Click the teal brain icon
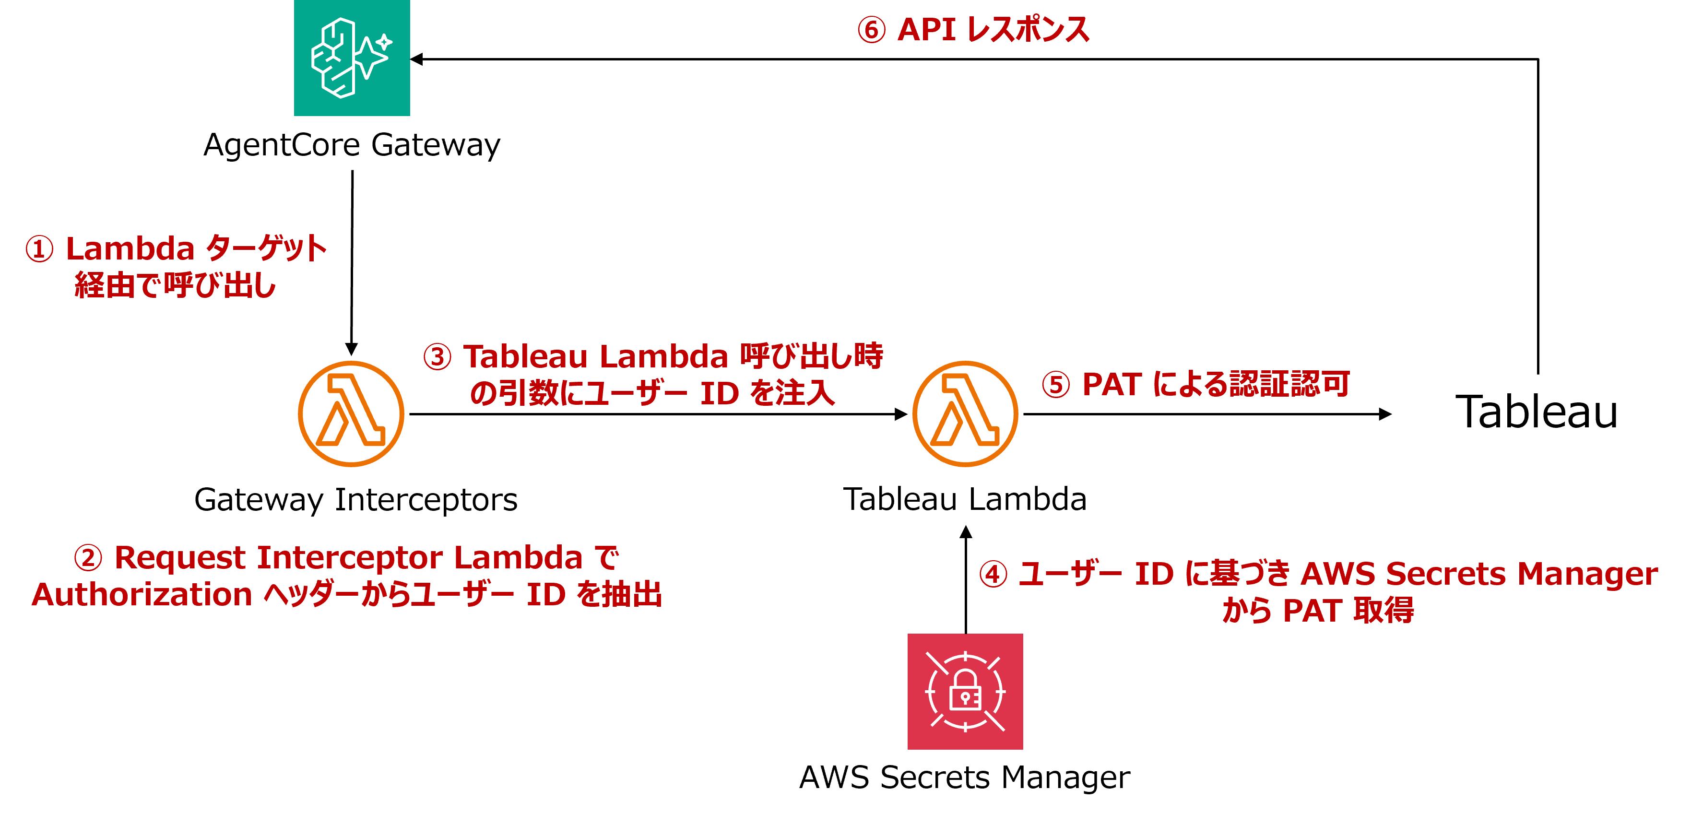coord(352,58)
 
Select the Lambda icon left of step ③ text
coord(351,413)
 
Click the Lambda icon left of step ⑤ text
coord(965,413)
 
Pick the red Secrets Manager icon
coord(965,691)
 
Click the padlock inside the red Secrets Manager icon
coord(966,694)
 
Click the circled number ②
coord(88,558)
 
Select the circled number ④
coord(993,575)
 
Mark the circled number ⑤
coord(1055,385)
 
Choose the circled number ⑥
coord(872,30)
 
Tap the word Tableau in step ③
coord(525,357)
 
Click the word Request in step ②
coord(180,558)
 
